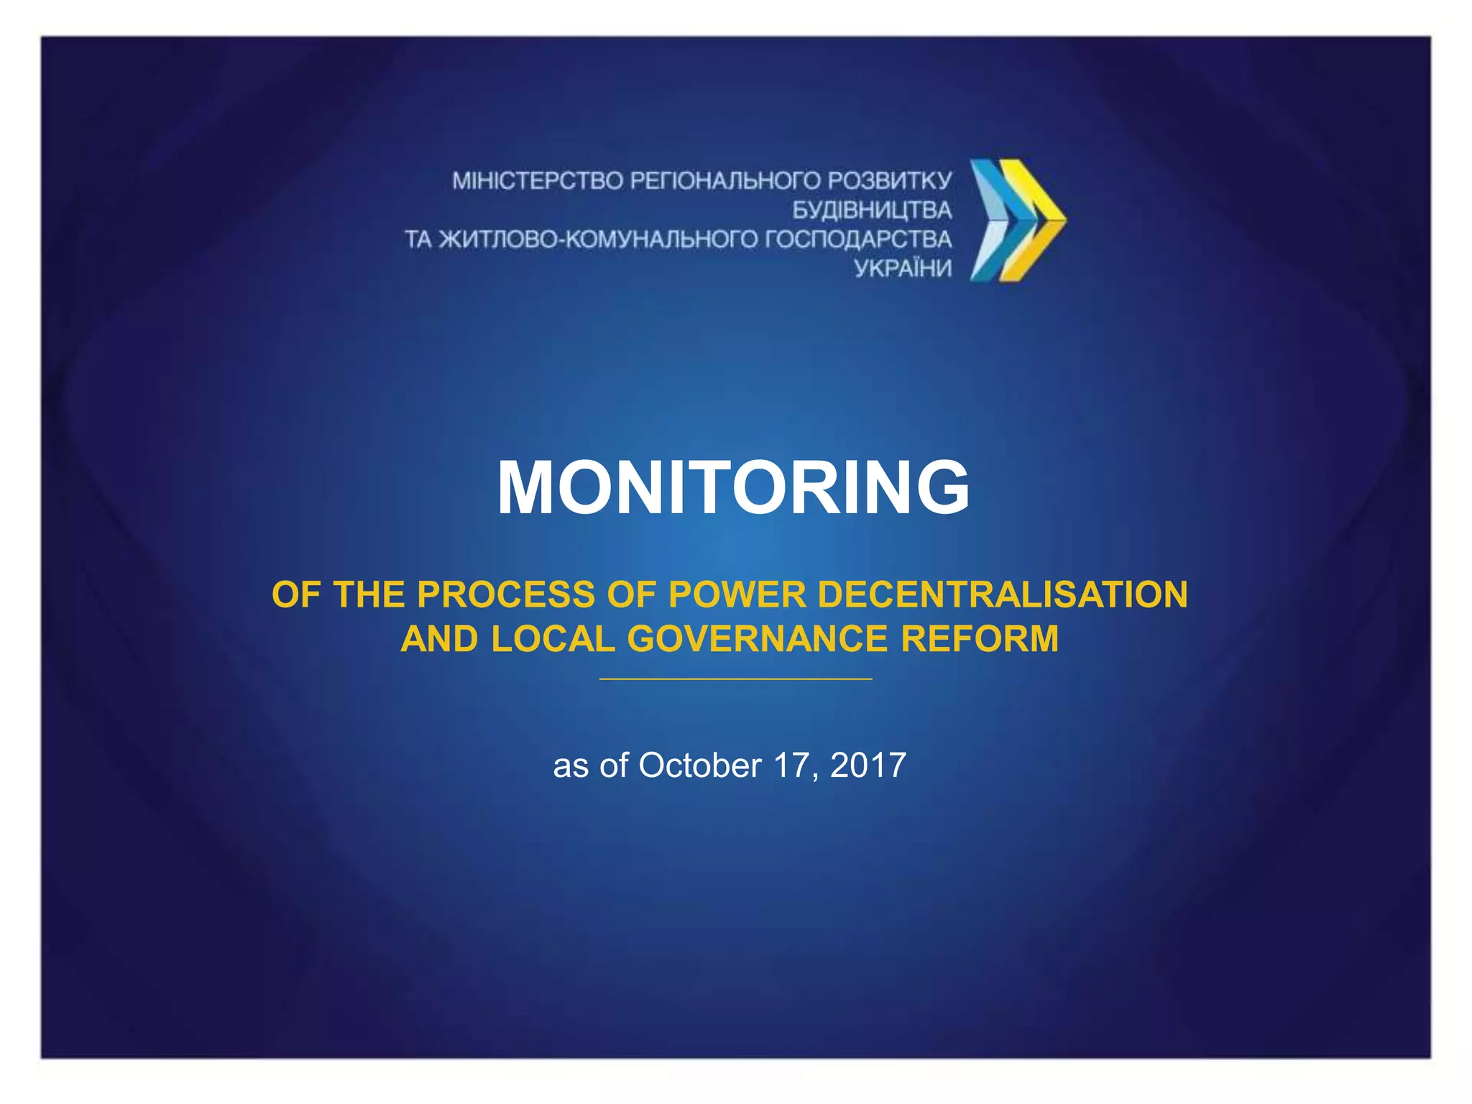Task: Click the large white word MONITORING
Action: (733, 488)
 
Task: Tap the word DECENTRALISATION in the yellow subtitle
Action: (1002, 595)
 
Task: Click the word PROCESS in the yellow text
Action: (507, 595)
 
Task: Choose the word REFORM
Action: (980, 639)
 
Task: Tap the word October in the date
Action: (699, 765)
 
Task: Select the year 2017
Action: (868, 765)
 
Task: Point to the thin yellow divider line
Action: (735, 678)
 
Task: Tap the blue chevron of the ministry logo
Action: (995, 219)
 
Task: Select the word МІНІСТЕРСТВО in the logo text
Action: (538, 180)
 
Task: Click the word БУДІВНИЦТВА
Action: (872, 210)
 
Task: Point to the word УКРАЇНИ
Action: (903, 269)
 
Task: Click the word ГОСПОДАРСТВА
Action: (858, 239)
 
